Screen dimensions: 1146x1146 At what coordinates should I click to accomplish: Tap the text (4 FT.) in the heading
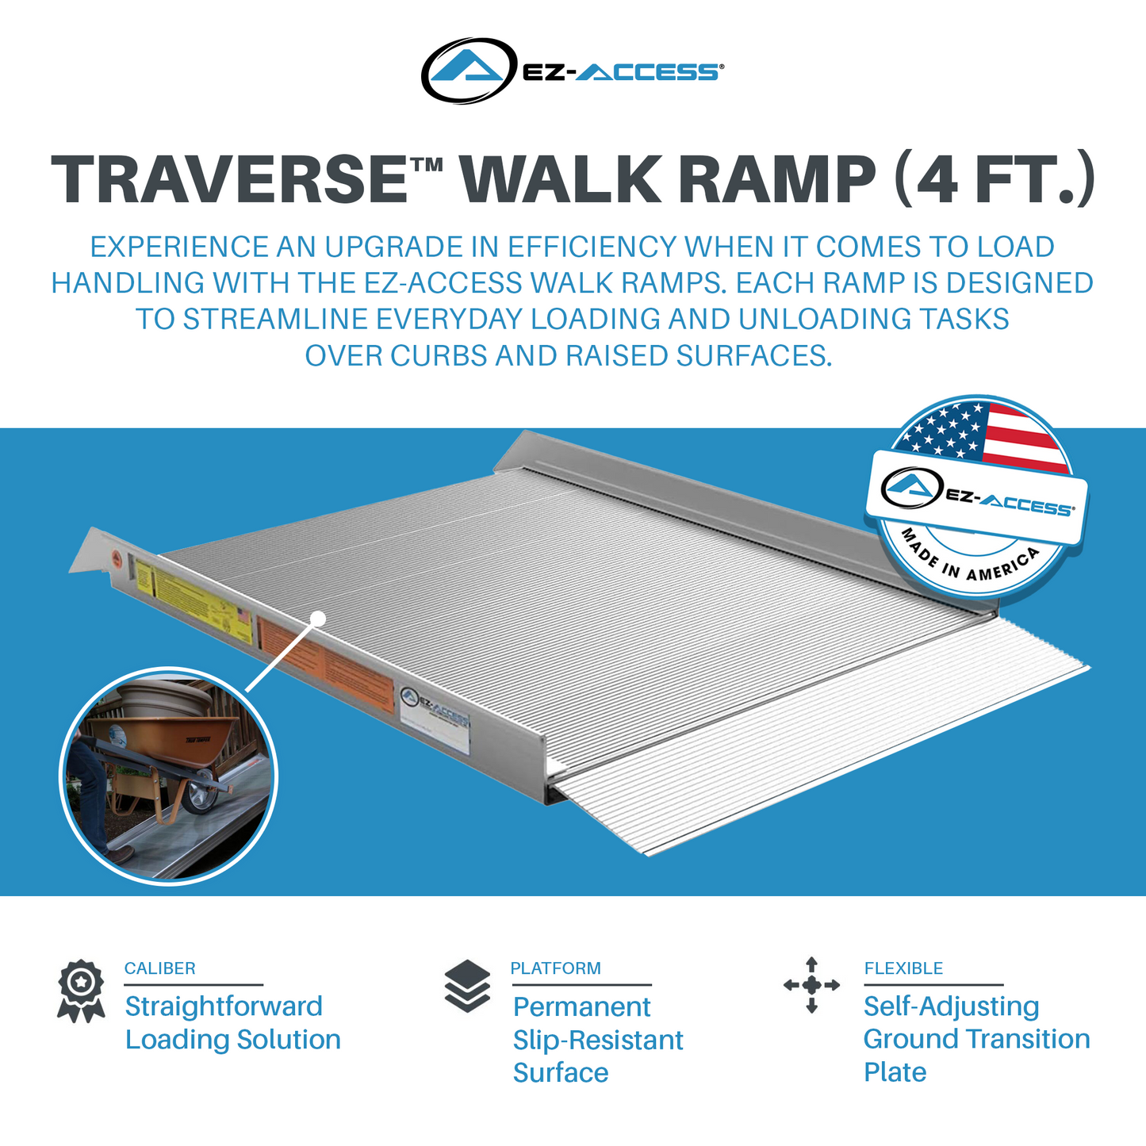(x=995, y=179)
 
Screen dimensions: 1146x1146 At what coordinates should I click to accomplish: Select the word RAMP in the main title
(x=776, y=179)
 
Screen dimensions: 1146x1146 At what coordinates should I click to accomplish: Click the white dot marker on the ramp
(x=318, y=618)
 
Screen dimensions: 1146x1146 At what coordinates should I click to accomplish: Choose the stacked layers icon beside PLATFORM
(x=468, y=986)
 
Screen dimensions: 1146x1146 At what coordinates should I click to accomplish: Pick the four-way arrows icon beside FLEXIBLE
(x=811, y=985)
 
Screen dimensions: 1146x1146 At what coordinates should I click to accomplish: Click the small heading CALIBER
(x=159, y=968)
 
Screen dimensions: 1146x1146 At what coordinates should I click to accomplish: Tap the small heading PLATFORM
(x=555, y=968)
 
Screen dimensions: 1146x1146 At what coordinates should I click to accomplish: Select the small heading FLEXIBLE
(x=903, y=968)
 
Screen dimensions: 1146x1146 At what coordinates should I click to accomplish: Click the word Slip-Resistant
(x=598, y=1040)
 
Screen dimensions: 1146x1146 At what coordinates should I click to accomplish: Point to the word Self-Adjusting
(x=951, y=1006)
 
